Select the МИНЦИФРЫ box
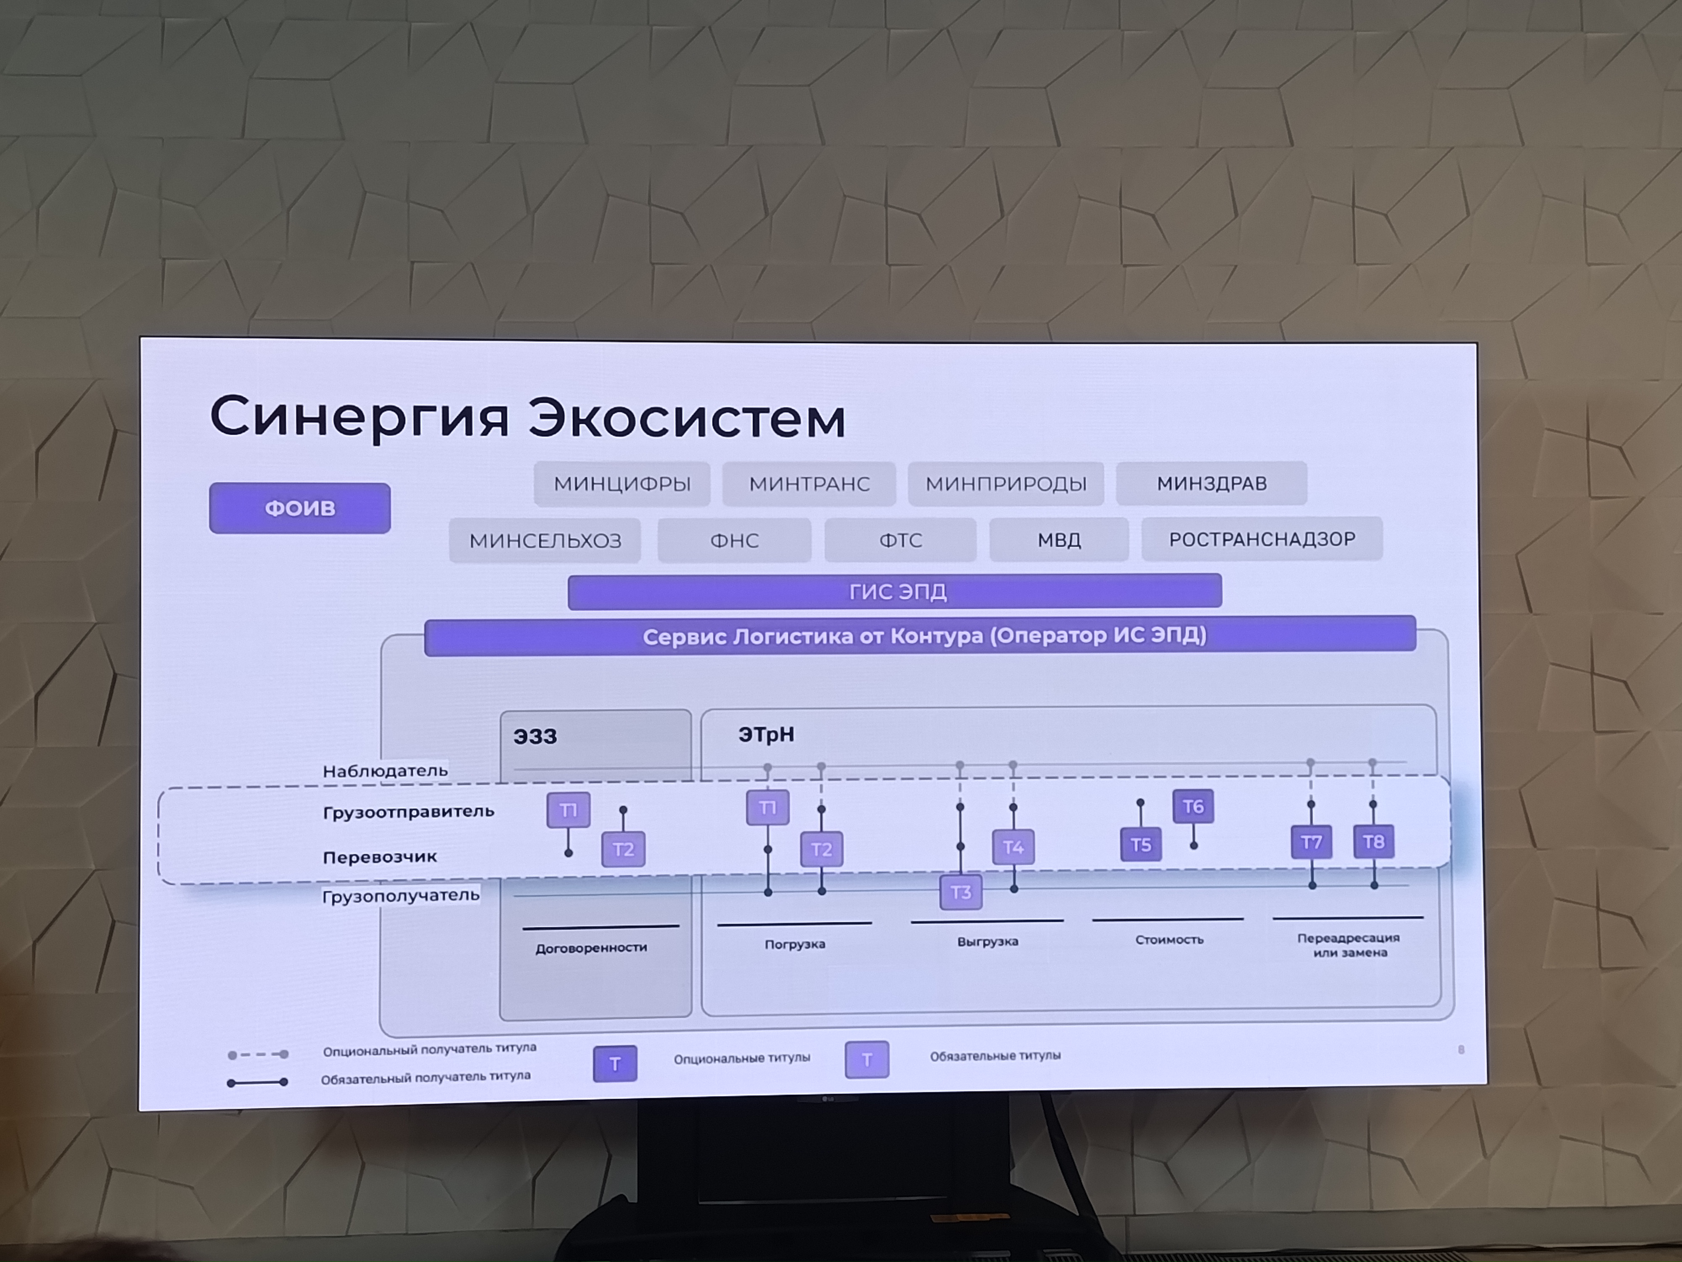click(622, 484)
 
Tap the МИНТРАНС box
click(809, 484)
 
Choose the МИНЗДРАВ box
click(1211, 483)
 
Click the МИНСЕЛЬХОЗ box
click(545, 540)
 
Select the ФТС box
click(900, 540)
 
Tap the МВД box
click(1058, 539)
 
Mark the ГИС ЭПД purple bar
click(895, 591)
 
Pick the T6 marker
click(1193, 806)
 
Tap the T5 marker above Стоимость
click(1140, 844)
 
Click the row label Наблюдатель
click(385, 771)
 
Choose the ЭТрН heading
click(766, 734)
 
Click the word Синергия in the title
click(359, 418)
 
